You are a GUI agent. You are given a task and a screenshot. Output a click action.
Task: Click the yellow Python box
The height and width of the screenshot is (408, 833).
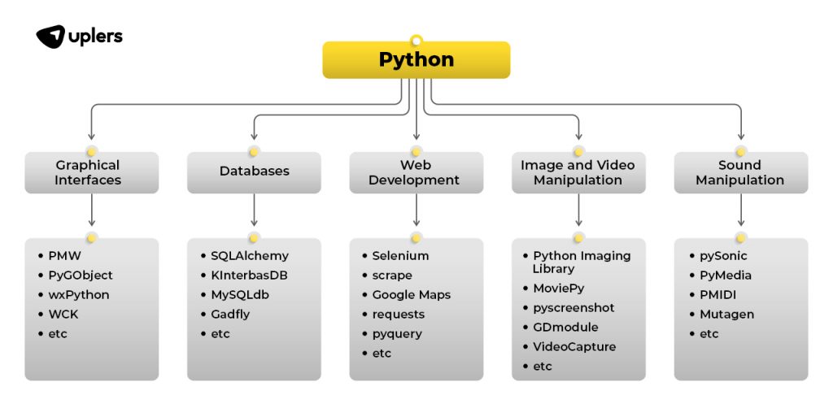click(416, 59)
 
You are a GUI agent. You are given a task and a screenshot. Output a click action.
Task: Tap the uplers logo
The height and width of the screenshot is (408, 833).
click(79, 37)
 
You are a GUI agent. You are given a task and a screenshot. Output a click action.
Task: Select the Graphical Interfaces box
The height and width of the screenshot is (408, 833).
click(91, 172)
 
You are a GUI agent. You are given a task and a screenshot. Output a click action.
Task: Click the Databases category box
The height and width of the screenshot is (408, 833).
click(254, 172)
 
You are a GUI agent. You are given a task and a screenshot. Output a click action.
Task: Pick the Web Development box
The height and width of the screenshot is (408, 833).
click(416, 172)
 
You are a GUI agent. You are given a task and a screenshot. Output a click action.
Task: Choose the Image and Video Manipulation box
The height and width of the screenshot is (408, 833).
click(578, 172)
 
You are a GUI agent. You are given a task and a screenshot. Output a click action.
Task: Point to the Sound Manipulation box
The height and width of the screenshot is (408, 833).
click(740, 172)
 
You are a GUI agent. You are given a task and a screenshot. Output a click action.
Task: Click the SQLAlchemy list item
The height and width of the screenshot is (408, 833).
click(250, 256)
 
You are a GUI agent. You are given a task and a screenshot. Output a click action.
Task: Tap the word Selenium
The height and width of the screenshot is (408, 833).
click(400, 256)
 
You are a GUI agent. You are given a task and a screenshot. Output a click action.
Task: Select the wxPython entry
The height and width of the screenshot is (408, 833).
click(79, 295)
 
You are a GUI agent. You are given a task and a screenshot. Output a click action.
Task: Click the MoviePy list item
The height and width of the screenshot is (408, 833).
click(558, 288)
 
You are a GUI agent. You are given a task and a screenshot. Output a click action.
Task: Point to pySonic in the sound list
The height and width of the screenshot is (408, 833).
click(723, 256)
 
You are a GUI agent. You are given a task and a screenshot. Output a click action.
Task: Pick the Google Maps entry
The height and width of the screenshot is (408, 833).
click(411, 295)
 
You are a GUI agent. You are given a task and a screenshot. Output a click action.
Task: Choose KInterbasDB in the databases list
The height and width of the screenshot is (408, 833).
click(249, 276)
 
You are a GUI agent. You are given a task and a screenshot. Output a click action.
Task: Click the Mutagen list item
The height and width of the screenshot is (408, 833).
click(726, 314)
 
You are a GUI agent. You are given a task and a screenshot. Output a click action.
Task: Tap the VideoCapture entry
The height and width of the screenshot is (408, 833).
click(574, 346)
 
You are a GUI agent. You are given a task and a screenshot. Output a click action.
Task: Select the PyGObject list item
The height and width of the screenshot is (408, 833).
click(81, 276)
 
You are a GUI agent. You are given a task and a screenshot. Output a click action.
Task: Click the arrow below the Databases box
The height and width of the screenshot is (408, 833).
click(254, 211)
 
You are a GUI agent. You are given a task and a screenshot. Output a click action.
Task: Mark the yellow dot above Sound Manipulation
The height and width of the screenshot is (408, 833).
click(740, 152)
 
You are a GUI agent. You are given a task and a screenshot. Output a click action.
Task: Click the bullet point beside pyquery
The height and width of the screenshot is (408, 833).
click(364, 334)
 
